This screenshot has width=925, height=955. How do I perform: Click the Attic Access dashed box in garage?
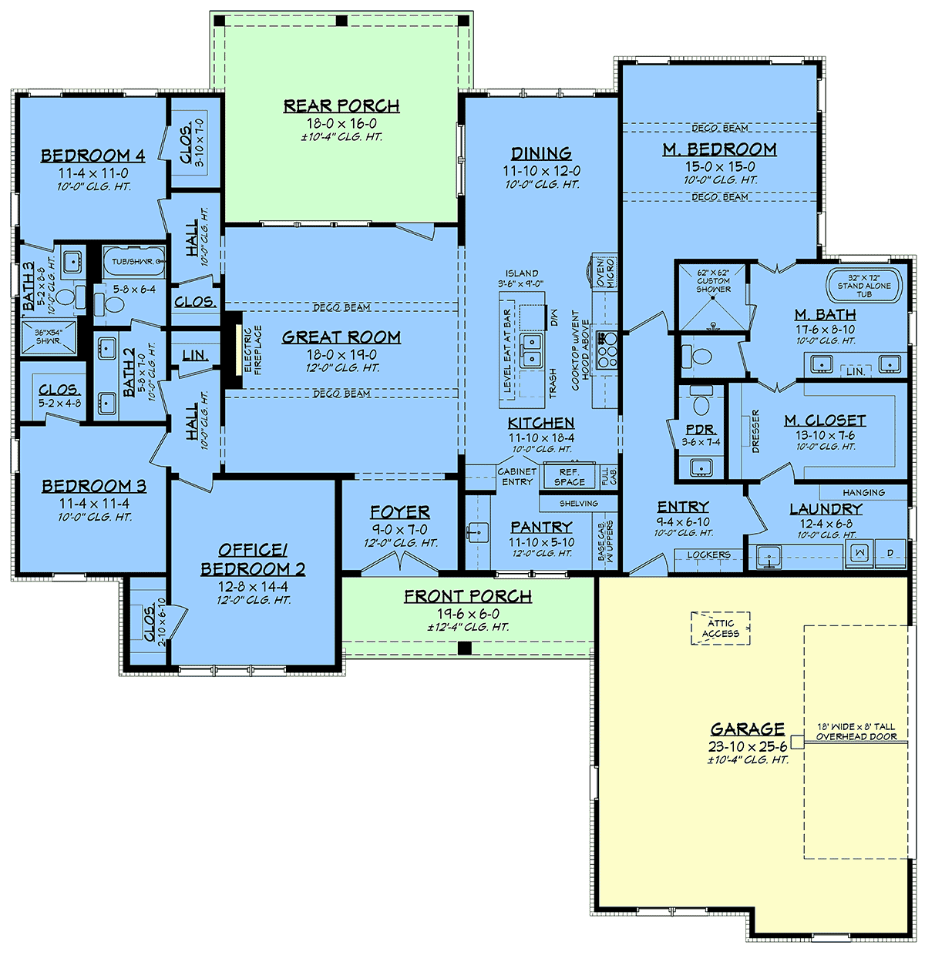(720, 628)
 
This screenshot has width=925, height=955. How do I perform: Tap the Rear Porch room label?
(341, 106)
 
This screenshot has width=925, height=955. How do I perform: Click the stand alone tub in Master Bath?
(864, 286)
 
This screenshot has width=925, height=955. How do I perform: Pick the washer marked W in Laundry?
(860, 552)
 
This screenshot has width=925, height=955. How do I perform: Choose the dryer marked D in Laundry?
(890, 552)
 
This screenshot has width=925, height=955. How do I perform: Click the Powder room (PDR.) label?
(701, 430)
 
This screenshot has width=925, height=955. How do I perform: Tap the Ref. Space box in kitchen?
(569, 477)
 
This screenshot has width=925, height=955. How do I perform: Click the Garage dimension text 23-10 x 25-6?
(747, 746)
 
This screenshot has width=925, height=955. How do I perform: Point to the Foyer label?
(399, 512)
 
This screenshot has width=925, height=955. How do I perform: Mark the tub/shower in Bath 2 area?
(133, 262)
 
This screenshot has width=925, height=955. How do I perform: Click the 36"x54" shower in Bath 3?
(48, 337)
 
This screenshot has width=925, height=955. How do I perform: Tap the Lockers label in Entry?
(708, 555)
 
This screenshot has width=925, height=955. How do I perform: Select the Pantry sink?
(476, 532)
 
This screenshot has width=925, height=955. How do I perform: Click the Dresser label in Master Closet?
(755, 431)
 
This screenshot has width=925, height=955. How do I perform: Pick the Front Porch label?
(467, 597)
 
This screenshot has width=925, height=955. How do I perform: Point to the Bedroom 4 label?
(92, 156)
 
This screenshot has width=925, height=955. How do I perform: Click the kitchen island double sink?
(530, 350)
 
